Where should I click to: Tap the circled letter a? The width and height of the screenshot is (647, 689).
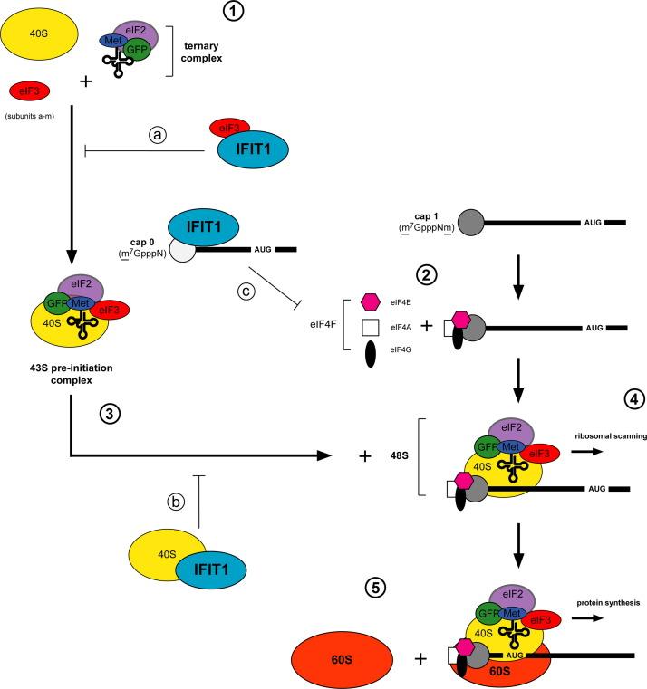pyautogui.click(x=160, y=133)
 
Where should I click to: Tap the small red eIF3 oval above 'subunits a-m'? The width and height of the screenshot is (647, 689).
pyautogui.click(x=29, y=91)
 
